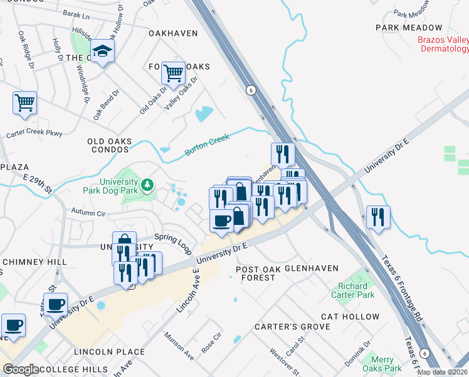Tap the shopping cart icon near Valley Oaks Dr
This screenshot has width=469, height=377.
pyautogui.click(x=173, y=73)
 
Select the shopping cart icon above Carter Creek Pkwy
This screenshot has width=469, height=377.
pyautogui.click(x=24, y=102)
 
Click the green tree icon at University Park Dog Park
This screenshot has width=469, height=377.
pyautogui.click(x=147, y=184)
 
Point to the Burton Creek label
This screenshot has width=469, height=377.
pyautogui.click(x=208, y=145)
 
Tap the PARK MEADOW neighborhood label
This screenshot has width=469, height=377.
pyautogui.click(x=409, y=28)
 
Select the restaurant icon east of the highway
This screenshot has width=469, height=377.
pyautogui.click(x=377, y=217)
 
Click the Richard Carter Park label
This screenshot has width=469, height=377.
pyautogui.click(x=356, y=290)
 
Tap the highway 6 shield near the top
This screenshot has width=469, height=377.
pyautogui.click(x=251, y=89)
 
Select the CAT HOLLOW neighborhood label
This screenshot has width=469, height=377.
pyautogui.click(x=350, y=317)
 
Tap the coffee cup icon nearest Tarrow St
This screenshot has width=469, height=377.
pyautogui.click(x=55, y=304)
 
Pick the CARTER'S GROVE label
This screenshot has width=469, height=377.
pyautogui.click(x=292, y=327)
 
